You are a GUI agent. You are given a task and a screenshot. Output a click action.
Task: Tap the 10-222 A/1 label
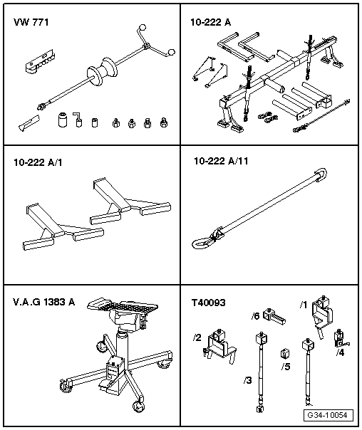[36, 162]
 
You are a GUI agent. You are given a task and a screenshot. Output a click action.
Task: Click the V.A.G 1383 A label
[44, 303]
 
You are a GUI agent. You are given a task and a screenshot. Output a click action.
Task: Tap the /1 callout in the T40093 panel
[303, 306]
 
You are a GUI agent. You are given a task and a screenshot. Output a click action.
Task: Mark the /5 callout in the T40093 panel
[286, 367]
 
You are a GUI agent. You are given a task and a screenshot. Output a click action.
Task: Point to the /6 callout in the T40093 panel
[255, 315]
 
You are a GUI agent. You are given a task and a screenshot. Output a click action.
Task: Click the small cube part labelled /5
[284, 352]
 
